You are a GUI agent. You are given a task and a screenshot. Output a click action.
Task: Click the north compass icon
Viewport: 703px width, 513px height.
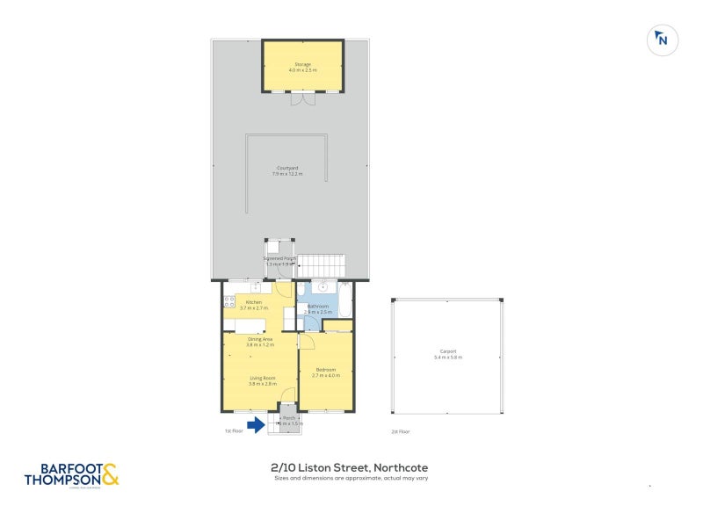(663, 40)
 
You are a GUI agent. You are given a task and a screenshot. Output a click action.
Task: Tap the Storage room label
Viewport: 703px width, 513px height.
(303, 67)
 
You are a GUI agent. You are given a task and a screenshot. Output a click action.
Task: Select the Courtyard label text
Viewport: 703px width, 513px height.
(288, 170)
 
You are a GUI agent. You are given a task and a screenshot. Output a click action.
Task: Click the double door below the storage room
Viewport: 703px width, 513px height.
(303, 99)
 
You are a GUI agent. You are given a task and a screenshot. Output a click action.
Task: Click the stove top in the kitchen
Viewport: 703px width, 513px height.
(229, 302)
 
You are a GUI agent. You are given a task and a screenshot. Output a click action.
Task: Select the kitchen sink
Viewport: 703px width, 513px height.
(257, 286)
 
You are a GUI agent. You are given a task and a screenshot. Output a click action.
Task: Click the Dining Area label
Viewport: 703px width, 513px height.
(260, 342)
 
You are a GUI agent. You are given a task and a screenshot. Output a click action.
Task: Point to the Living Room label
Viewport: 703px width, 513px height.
(263, 381)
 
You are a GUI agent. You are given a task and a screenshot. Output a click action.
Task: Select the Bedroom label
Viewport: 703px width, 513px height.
(327, 372)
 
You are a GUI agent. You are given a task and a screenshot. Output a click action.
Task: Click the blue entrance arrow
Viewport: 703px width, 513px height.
(256, 425)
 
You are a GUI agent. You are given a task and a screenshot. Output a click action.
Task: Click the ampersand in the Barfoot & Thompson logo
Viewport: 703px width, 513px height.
(110, 475)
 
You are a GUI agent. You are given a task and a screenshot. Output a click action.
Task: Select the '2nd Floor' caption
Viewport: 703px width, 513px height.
(401, 431)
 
